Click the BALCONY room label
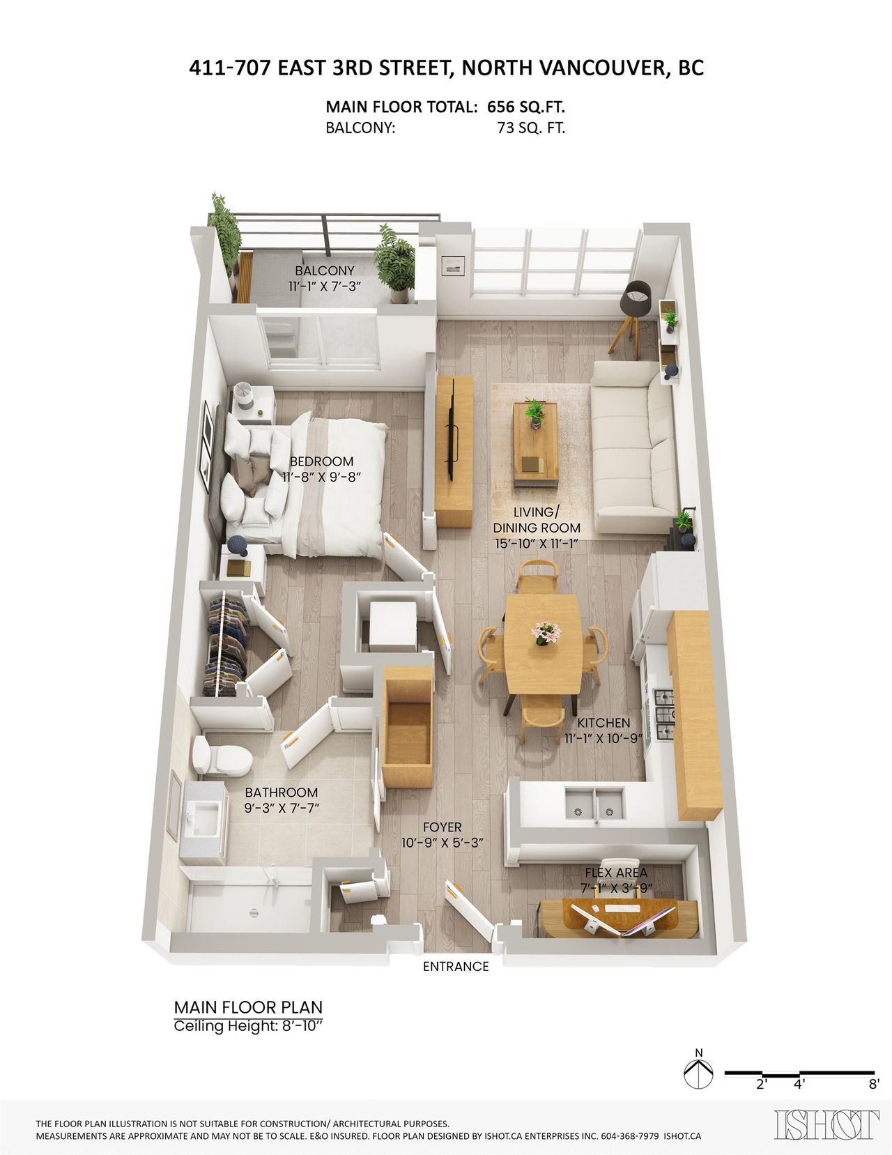coord(325,271)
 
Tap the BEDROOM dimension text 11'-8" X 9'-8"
coord(322,477)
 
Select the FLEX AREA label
coord(616,872)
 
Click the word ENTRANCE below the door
coord(456,966)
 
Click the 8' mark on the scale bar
coord(874,1085)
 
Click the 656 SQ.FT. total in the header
coord(526,107)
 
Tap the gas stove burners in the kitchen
coord(664,714)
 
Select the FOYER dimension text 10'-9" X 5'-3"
coord(442,843)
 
